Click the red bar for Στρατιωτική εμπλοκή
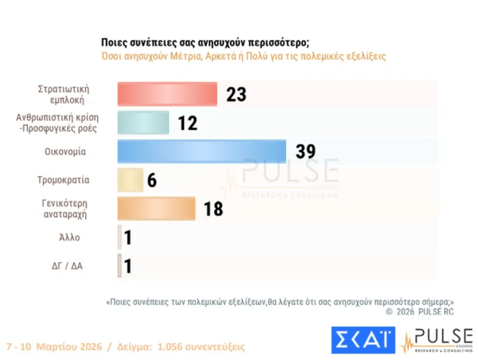[x=167, y=94]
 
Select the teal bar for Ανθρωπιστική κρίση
[x=143, y=123]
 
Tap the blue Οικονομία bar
[x=202, y=151]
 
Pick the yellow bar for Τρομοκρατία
[x=130, y=180]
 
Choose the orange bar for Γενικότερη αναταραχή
[x=156, y=209]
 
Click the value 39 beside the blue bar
[x=305, y=151]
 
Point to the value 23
[x=237, y=94]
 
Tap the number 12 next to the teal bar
[x=186, y=123]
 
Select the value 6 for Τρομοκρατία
[x=151, y=180]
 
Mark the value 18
[x=212, y=209]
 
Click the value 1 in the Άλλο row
[x=127, y=237]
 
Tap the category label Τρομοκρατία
[x=64, y=180]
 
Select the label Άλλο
[x=69, y=237]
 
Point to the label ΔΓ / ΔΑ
[x=66, y=266]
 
